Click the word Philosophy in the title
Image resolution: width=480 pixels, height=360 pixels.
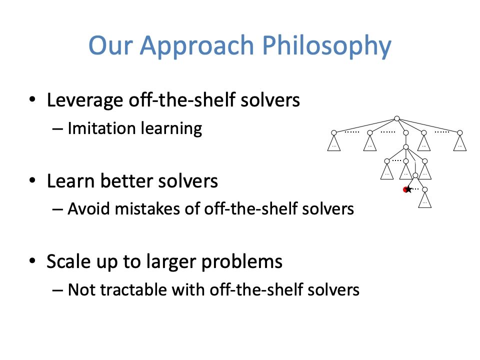tap(327, 46)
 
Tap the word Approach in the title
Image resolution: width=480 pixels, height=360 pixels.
tap(197, 46)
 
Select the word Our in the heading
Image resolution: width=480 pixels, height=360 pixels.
tap(110, 45)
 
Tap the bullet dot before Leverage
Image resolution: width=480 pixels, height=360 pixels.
tap(32, 99)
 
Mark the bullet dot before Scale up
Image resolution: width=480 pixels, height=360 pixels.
tap(32, 261)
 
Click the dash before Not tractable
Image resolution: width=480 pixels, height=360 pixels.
tap(57, 290)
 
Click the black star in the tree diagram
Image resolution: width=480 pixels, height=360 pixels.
tap(408, 189)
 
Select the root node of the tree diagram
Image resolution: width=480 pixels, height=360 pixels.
tap(397, 118)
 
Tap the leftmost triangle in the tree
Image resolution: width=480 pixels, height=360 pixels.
tap(334, 143)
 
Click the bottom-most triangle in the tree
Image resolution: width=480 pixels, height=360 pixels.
tap(424, 200)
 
